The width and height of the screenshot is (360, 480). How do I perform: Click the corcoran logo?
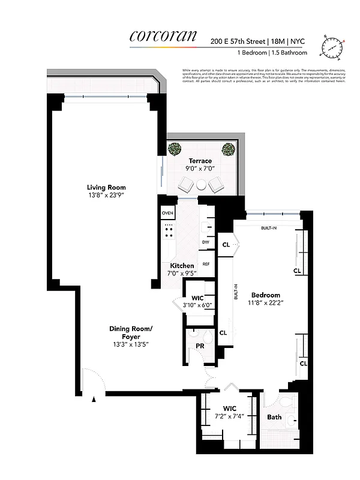click(x=163, y=36)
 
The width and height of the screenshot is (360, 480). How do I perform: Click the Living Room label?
click(x=106, y=187)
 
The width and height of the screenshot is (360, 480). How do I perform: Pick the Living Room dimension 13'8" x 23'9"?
click(x=106, y=195)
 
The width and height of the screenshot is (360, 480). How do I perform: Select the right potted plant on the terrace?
click(x=228, y=148)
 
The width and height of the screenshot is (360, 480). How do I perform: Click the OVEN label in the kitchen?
click(x=167, y=213)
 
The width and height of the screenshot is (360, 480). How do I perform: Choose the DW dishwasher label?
click(x=205, y=242)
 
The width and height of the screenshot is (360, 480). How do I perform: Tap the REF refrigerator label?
click(x=205, y=264)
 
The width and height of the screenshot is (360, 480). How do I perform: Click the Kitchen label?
click(x=182, y=265)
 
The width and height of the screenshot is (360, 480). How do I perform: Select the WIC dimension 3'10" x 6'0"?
click(x=197, y=305)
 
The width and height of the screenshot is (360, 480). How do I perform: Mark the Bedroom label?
click(x=266, y=295)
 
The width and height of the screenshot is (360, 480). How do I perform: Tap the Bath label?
click(x=274, y=417)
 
